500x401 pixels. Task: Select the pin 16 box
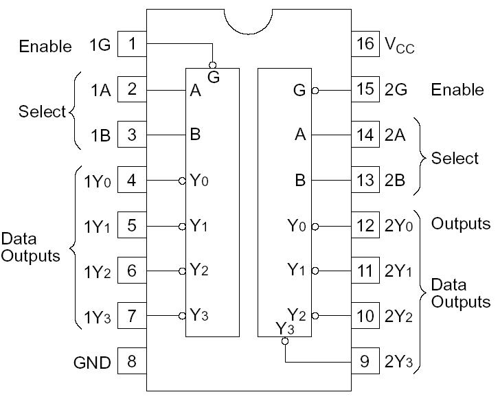[365, 45]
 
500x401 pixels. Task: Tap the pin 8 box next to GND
[132, 361]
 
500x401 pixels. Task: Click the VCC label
[399, 46]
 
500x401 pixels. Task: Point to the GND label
[92, 363]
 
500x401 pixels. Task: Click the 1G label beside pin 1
[100, 46]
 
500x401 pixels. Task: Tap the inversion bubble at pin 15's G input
[315, 90]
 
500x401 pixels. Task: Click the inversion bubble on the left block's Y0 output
[182, 181]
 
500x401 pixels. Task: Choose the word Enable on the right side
[457, 91]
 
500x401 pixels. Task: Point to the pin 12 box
[365, 225]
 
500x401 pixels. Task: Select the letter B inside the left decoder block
[195, 135]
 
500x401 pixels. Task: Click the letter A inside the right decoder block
[300, 135]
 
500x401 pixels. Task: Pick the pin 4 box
[132, 181]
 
